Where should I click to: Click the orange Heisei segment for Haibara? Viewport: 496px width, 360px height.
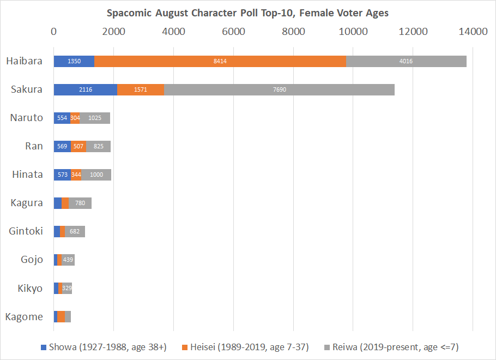pyautogui.click(x=220, y=62)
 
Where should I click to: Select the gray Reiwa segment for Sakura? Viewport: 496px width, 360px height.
pyautogui.click(x=279, y=89)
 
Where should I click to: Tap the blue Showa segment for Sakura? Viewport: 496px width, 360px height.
pyautogui.click(x=86, y=89)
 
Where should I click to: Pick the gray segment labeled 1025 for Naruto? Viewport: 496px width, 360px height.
pyautogui.click(x=95, y=118)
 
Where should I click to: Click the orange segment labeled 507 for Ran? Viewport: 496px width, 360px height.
pyautogui.click(x=78, y=146)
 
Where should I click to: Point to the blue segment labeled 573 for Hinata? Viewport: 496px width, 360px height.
pyautogui.click(x=62, y=175)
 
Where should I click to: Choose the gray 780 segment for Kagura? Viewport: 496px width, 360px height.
pyautogui.click(x=80, y=203)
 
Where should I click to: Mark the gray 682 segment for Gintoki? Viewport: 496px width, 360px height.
pyautogui.click(x=75, y=231)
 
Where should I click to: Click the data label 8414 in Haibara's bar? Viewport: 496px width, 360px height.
pyautogui.click(x=220, y=62)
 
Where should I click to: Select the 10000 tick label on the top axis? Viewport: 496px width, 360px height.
pyautogui.click(x=353, y=31)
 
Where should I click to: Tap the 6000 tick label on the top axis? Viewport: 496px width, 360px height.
pyautogui.click(x=233, y=31)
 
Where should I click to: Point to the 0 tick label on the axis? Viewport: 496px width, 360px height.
pyautogui.click(x=54, y=31)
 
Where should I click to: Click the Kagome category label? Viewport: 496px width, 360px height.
pyautogui.click(x=24, y=316)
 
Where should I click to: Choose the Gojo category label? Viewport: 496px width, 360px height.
pyautogui.click(x=32, y=260)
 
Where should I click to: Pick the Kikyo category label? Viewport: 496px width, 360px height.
pyautogui.click(x=30, y=288)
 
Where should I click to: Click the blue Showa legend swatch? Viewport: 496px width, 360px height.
pyautogui.click(x=44, y=347)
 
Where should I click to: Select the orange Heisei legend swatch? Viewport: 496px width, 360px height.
pyautogui.click(x=185, y=347)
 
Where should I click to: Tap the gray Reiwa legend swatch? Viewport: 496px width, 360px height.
pyautogui.click(x=327, y=347)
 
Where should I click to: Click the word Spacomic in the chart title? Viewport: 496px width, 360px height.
pyautogui.click(x=129, y=13)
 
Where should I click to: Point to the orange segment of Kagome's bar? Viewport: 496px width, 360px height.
pyautogui.click(x=61, y=316)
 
